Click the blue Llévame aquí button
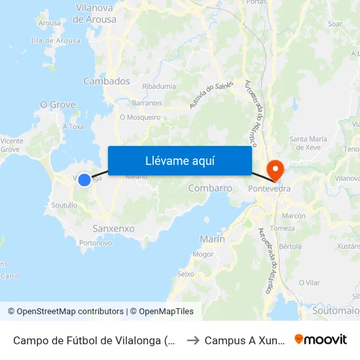(179, 160)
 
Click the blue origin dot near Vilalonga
(84, 179)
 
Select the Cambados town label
(107, 81)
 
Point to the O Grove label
(58, 105)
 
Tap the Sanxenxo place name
(114, 228)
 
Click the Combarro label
(210, 188)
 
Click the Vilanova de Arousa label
(96, 13)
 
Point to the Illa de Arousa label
(56, 41)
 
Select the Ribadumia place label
(159, 86)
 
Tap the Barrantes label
(147, 103)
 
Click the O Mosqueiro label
(140, 118)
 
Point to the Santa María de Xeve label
(309, 143)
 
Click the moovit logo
(321, 340)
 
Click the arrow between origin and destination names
(192, 340)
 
